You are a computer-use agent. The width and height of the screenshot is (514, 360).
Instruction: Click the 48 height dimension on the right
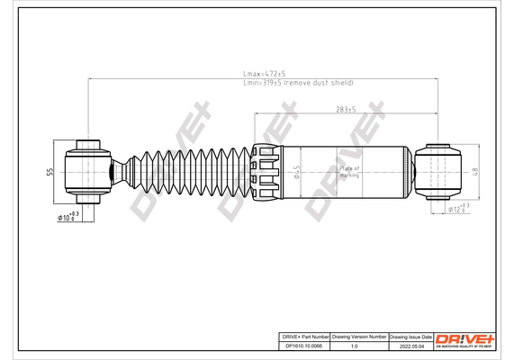(474, 169)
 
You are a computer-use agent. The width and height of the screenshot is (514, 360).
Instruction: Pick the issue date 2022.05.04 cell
(410, 344)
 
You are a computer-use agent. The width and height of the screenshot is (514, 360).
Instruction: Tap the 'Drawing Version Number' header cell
(358, 335)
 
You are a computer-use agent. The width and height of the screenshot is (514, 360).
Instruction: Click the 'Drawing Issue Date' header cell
(410, 335)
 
